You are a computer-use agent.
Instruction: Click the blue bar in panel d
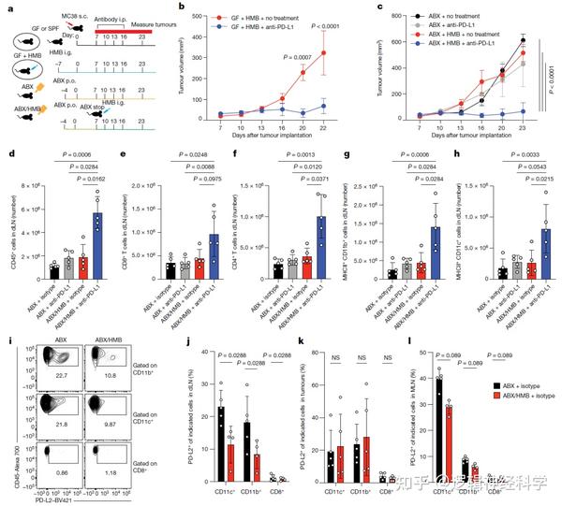[x=98, y=245]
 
